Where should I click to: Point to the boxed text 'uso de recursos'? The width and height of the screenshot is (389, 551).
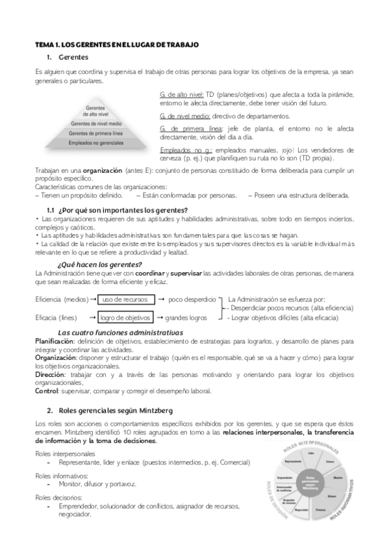[124, 299]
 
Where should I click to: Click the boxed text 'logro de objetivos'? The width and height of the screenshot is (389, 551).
[126, 318]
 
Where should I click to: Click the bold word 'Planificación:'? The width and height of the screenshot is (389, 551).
[55, 340]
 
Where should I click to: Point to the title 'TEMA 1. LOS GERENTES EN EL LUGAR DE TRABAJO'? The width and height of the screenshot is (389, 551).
[116, 44]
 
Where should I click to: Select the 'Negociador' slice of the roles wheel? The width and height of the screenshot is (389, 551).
[301, 510]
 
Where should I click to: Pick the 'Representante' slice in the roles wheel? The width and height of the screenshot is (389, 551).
[293, 461]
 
